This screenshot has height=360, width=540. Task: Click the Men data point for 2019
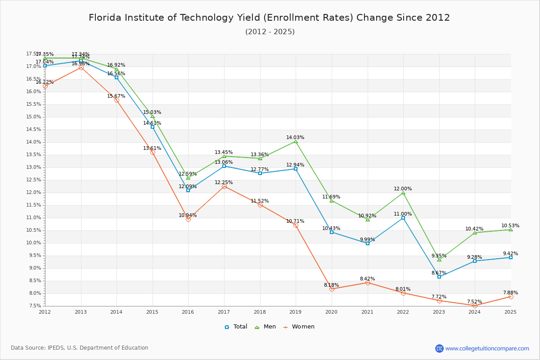[296, 142]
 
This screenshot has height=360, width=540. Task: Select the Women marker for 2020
[332, 289]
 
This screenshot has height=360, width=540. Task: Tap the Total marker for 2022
[403, 218]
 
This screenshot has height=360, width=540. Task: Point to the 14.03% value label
[295, 138]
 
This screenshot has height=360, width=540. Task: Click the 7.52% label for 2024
[474, 302]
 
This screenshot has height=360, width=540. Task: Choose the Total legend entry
[236, 327]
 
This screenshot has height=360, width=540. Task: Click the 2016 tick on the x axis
[188, 311]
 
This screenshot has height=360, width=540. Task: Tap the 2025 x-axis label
[510, 311]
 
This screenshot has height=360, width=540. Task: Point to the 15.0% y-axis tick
[35, 117]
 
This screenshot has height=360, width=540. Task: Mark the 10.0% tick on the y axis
[35, 243]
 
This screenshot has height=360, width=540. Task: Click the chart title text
[269, 18]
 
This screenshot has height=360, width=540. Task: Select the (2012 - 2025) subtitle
[270, 32]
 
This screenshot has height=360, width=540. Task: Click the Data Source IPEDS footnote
[80, 348]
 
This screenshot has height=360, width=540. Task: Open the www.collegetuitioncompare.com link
[487, 348]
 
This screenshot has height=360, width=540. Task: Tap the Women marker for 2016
[188, 219]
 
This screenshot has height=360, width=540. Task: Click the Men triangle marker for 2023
[439, 260]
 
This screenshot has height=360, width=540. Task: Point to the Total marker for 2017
[224, 166]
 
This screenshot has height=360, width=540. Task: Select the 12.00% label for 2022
[403, 189]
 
